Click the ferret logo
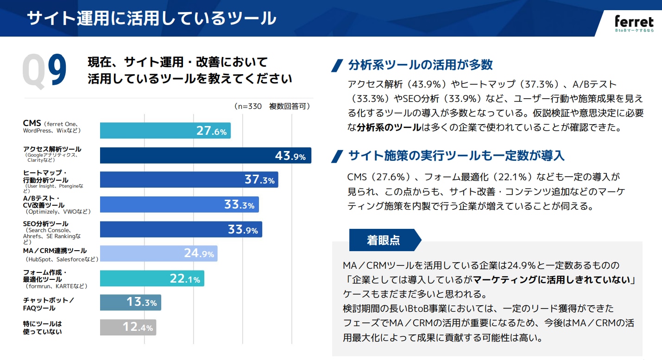[x=634, y=24]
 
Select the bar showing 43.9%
[x=205, y=156]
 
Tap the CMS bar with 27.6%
[x=165, y=131]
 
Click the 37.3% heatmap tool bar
[x=189, y=180]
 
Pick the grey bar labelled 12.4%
[x=128, y=327]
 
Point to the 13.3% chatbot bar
[x=130, y=303]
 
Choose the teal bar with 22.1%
[x=152, y=278]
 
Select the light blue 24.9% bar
[x=158, y=253]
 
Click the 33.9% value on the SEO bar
[x=243, y=229]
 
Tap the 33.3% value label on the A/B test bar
[x=239, y=204]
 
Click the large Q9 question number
[x=45, y=71]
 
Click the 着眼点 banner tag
[x=384, y=240]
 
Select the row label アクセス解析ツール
[x=52, y=149]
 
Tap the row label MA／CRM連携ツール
[x=55, y=251]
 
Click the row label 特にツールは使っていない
[x=42, y=327]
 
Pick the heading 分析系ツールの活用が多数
[x=420, y=65]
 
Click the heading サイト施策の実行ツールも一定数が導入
[x=456, y=156]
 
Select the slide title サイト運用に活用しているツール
[x=151, y=19]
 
